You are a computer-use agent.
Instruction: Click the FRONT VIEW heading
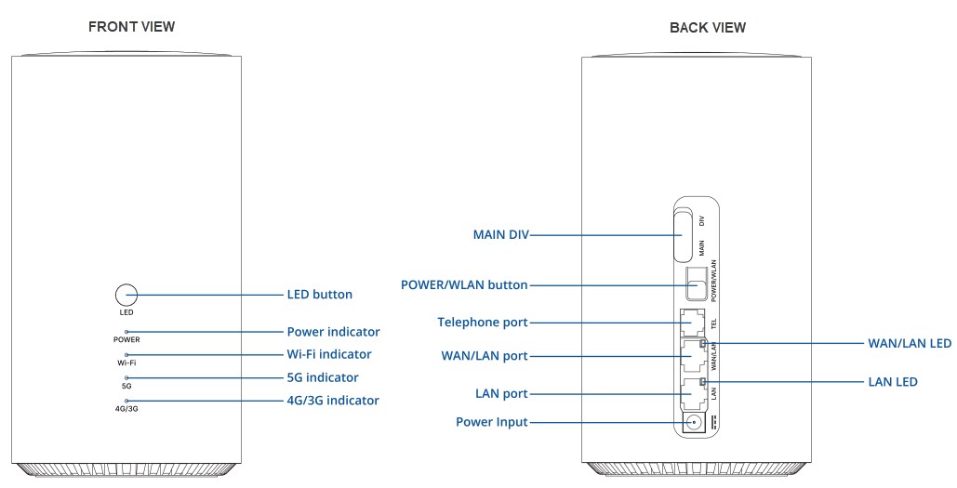pyautogui.click(x=131, y=27)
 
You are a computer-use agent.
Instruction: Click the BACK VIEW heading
pyautogui.click(x=707, y=28)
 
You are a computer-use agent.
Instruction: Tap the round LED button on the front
pyautogui.click(x=126, y=296)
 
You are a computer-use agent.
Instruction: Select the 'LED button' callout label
pyautogui.click(x=319, y=295)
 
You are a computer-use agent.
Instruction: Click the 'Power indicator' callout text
pyautogui.click(x=333, y=332)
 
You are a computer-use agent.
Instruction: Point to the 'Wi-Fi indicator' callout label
pyautogui.click(x=328, y=354)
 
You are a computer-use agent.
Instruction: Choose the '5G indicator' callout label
pyautogui.click(x=322, y=377)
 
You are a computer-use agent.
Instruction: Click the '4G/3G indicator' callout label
pyautogui.click(x=332, y=401)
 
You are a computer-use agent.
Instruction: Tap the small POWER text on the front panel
pyautogui.click(x=126, y=340)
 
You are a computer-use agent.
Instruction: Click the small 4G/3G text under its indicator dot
pyautogui.click(x=126, y=408)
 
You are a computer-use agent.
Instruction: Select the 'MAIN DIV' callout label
pyautogui.click(x=500, y=236)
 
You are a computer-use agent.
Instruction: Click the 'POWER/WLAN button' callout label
pyautogui.click(x=464, y=285)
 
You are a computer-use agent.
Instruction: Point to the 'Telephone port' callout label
pyautogui.click(x=482, y=323)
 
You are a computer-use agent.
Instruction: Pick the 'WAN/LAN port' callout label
pyautogui.click(x=484, y=356)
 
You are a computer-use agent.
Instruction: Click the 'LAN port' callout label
pyautogui.click(x=501, y=394)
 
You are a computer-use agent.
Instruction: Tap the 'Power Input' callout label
pyautogui.click(x=491, y=422)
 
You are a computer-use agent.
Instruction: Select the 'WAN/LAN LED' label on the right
pyautogui.click(x=909, y=344)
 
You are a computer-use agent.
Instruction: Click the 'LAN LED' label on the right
pyautogui.click(x=893, y=382)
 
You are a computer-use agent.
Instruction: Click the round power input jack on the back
pyautogui.click(x=694, y=423)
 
